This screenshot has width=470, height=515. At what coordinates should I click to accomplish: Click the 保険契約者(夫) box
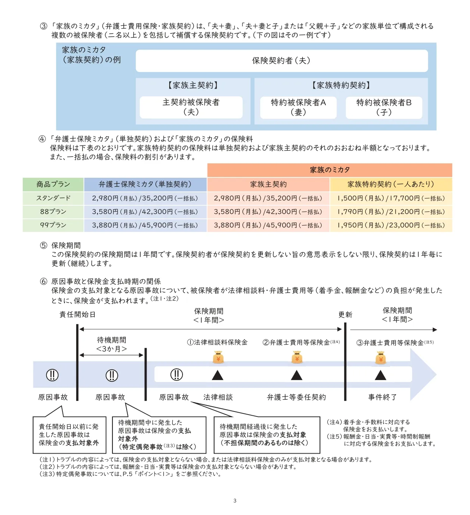pos(281,61)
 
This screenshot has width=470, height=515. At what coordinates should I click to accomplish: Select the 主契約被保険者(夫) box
pos(191,107)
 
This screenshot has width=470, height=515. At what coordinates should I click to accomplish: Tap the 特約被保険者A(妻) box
pos(298,107)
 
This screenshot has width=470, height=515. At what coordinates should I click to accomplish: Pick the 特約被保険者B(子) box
pos(384,107)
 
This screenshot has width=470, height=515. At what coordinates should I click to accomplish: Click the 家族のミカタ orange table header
pos(329,170)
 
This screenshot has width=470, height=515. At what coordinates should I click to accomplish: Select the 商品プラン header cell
pos(53,185)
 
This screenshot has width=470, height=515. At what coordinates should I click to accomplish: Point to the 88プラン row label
pos(53,211)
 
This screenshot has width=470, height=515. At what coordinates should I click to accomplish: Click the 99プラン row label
pos(53,225)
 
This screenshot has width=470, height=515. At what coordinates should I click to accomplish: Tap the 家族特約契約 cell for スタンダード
pos(391,198)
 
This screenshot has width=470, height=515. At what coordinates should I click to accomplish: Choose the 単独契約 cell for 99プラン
pos(145,225)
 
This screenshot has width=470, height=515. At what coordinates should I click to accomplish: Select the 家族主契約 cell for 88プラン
pos(268,211)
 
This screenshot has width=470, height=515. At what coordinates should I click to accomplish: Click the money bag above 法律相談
pos(218,357)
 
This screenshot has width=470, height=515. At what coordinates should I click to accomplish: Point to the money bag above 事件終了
pos(381,357)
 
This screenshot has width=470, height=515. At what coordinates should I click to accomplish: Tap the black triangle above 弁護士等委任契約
pos(297,375)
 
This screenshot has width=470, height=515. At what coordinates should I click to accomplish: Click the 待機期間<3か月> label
pos(111,344)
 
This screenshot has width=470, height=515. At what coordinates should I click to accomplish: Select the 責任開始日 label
pos(77,315)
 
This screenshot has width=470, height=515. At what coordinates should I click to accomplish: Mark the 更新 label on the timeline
pos(345,315)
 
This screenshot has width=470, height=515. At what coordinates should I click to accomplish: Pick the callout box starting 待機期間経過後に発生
pos(267,435)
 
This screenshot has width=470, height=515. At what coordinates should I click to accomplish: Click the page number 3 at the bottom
pos(235,501)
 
